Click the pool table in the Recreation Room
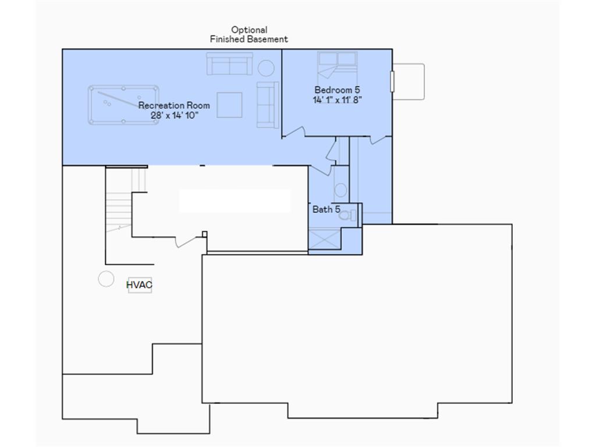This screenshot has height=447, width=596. click(123, 105)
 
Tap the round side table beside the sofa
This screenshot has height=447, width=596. click(266, 68)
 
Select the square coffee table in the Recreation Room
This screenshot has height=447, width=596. click(229, 105)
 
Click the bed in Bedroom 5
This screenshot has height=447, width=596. click(337, 63)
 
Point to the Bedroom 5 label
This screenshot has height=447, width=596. click(337, 90)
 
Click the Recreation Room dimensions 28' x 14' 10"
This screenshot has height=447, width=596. click(175, 115)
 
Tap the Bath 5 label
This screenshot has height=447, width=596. click(326, 210)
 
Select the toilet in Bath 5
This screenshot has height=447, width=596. click(347, 215)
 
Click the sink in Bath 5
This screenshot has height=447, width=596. click(340, 190)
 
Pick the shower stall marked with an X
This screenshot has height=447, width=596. click(325, 239)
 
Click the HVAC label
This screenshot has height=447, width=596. click(139, 285)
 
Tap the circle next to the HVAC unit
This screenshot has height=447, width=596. click(106, 279)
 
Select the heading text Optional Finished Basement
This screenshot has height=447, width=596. click(249, 34)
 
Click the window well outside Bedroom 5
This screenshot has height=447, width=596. click(409, 81)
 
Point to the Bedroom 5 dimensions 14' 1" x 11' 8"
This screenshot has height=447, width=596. click(337, 100)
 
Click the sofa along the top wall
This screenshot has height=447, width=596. click(229, 63)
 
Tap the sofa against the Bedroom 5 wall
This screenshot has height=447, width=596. click(268, 105)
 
